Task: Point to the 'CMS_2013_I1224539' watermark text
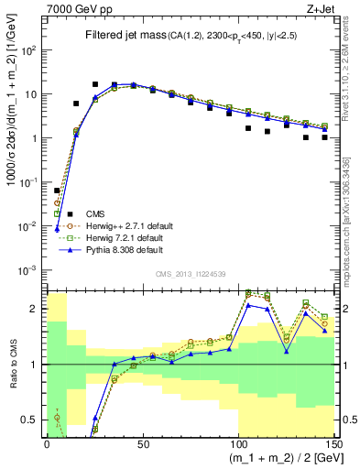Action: [x=192, y=273]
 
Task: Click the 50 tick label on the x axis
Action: [x=144, y=442]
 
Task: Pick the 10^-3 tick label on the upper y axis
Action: [x=28, y=269]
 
